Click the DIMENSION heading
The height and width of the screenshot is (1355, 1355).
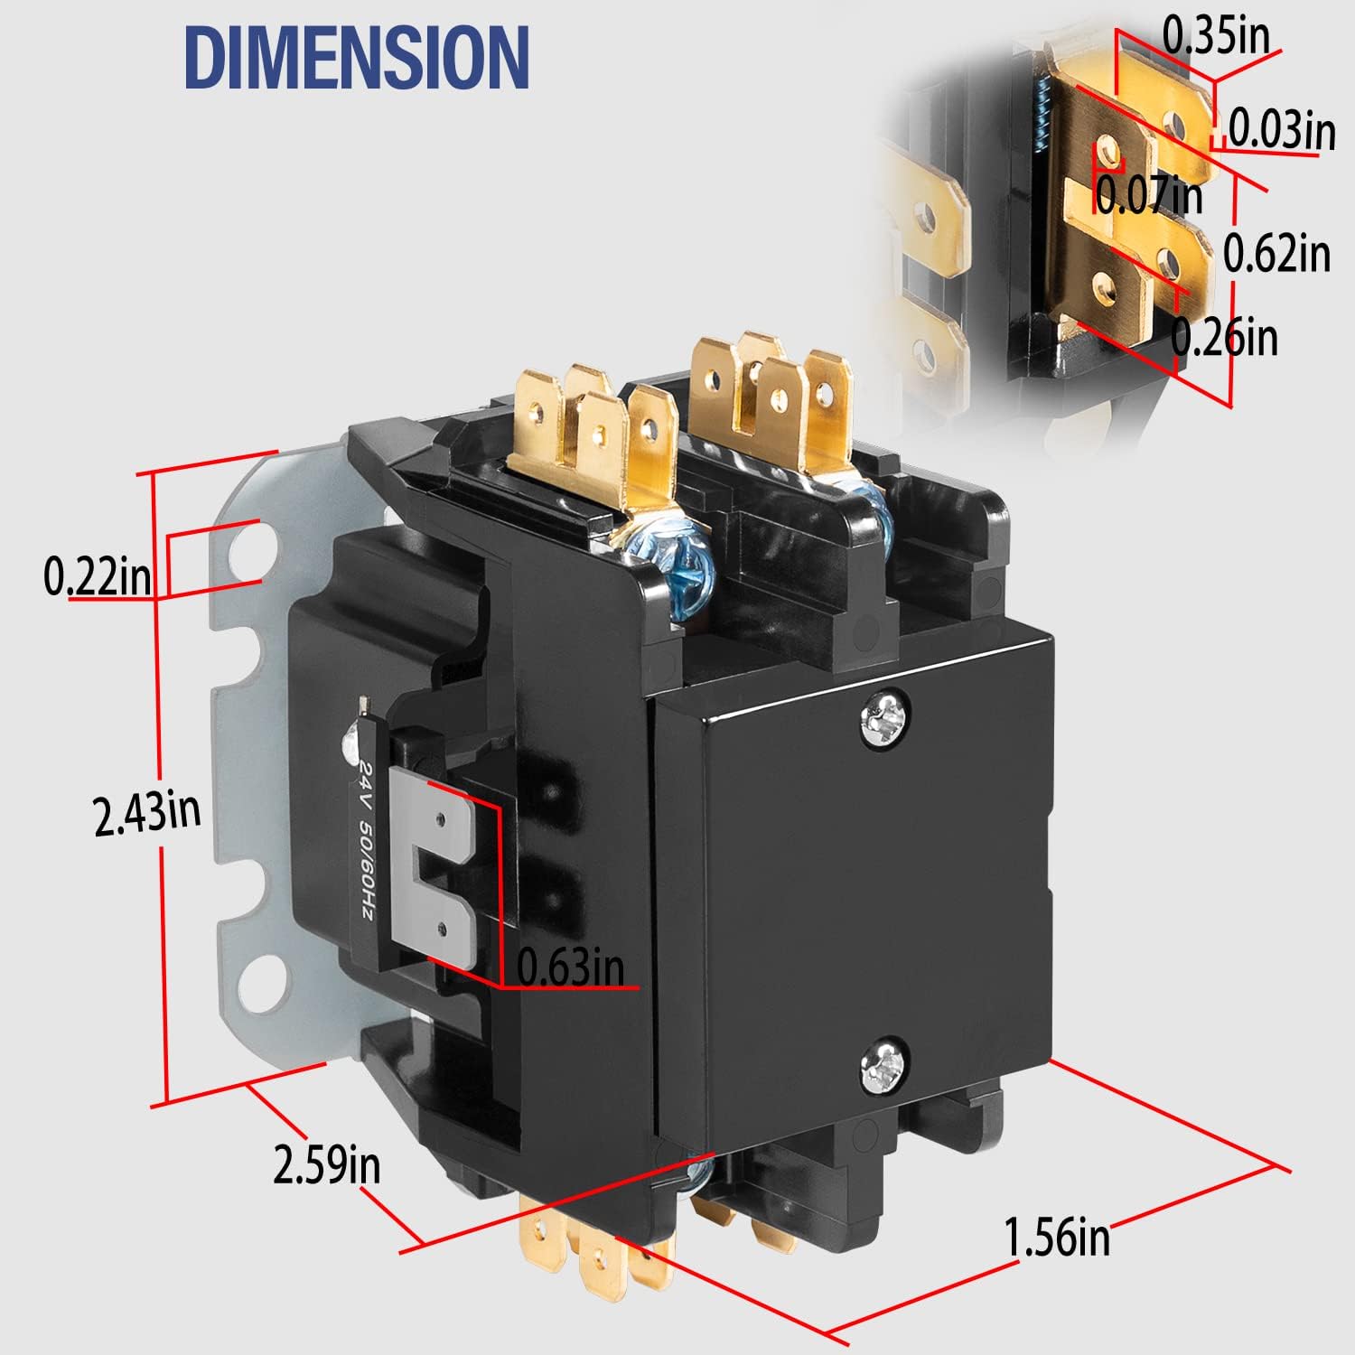[x=357, y=57]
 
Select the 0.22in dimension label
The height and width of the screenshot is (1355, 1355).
[x=98, y=576]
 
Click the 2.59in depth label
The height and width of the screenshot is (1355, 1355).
[x=327, y=1164]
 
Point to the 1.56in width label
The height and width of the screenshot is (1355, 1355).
[x=1057, y=1235]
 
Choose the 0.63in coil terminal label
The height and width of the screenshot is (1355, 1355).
[x=570, y=967]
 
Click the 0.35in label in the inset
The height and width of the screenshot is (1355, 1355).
[x=1215, y=36]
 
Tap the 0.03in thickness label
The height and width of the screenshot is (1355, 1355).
[x=1281, y=128]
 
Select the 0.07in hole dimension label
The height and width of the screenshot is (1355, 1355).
[x=1149, y=194]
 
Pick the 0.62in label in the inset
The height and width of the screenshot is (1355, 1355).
[x=1276, y=253]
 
